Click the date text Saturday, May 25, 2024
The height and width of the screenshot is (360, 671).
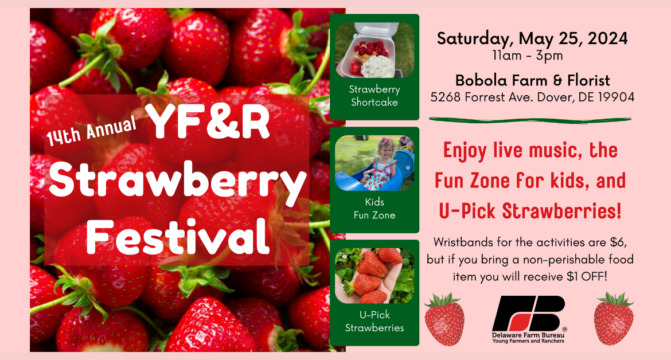[x=532, y=39]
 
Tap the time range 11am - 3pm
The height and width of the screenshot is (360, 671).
[x=528, y=56]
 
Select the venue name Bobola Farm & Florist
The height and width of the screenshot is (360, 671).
[x=532, y=80]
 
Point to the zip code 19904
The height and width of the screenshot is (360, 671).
[x=616, y=97]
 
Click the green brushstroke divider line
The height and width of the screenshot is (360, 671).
[x=530, y=120]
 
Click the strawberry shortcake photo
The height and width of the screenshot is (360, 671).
[x=374, y=50]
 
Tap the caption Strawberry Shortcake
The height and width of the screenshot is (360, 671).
[x=374, y=96]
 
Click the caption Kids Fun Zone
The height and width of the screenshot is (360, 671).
[x=374, y=209]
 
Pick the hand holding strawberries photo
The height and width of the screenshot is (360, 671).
[x=374, y=276]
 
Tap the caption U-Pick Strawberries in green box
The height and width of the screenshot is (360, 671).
[x=374, y=321]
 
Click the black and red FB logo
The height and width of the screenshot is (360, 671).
[x=529, y=314]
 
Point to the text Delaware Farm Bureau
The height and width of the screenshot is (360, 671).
[x=528, y=335]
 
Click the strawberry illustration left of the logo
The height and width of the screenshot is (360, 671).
[x=444, y=319]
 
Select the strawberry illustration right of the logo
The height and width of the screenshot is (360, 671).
[x=614, y=319]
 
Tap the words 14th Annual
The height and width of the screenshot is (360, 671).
[x=91, y=130]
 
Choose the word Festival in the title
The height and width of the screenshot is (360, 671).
[x=178, y=236]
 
